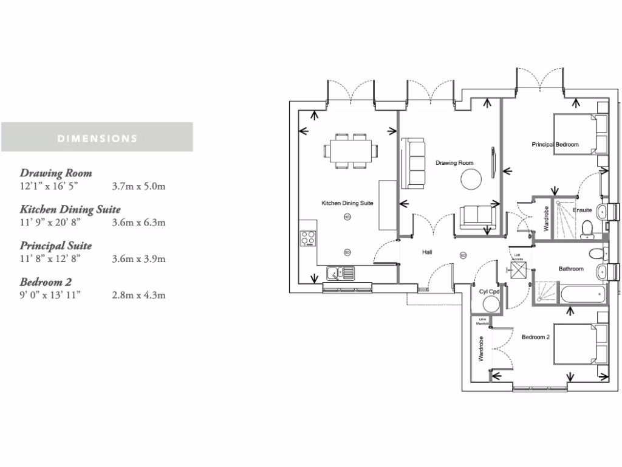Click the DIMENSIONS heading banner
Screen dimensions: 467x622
[x=97, y=137]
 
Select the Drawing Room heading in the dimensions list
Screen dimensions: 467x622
[x=56, y=173]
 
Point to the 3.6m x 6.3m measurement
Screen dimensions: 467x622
[x=138, y=222]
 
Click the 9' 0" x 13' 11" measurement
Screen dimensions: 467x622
[x=50, y=295]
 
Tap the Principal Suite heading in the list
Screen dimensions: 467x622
[x=56, y=246]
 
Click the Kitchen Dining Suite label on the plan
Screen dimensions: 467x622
[x=347, y=203]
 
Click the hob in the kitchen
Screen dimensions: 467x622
[x=309, y=237]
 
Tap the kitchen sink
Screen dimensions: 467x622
[x=336, y=274]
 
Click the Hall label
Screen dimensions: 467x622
[x=428, y=251]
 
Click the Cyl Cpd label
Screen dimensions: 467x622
[x=489, y=292]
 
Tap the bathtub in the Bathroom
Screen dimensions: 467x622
[x=582, y=296]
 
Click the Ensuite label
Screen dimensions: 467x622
[x=583, y=210]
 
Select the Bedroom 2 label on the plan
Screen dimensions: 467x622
[x=535, y=337]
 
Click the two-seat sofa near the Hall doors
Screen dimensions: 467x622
[x=477, y=218]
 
